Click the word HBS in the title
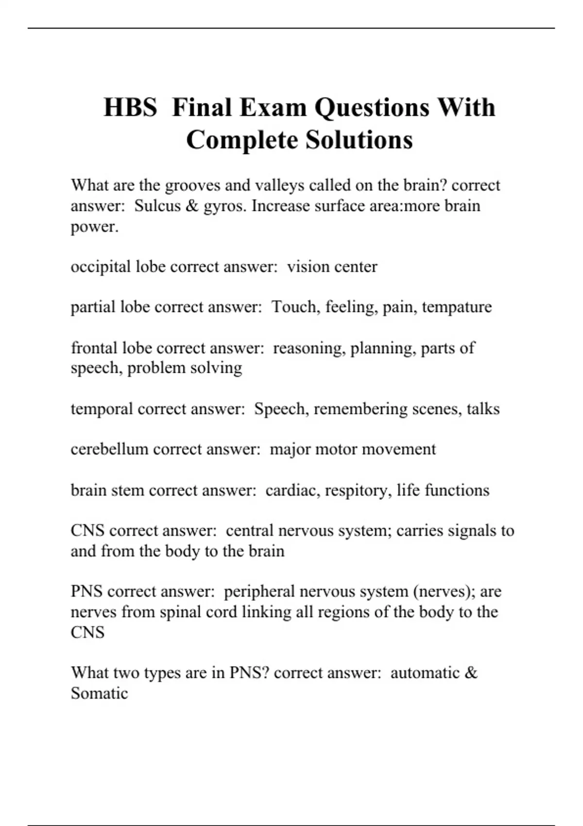(130, 107)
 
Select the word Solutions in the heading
(359, 140)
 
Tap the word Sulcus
(157, 206)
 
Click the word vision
(309, 267)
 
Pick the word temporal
(102, 410)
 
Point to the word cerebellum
(109, 449)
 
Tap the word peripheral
(259, 592)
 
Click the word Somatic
(99, 693)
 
